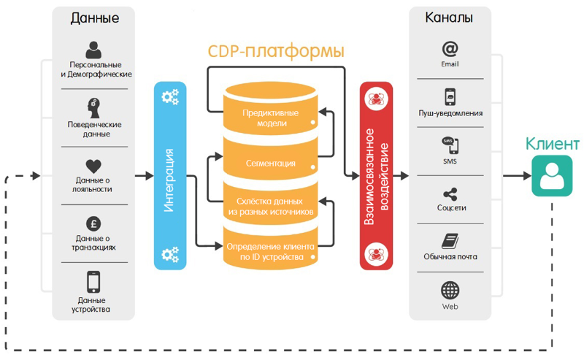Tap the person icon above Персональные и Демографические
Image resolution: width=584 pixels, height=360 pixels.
click(93, 50)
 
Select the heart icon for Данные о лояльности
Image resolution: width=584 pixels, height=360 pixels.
click(93, 166)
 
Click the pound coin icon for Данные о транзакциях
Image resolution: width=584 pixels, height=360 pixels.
click(93, 224)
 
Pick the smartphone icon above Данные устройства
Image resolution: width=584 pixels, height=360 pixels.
click(93, 281)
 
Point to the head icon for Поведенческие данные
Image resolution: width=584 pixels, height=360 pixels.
click(93, 107)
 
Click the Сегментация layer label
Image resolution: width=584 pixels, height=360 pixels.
click(269, 162)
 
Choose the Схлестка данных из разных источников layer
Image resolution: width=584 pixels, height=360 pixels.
click(269, 206)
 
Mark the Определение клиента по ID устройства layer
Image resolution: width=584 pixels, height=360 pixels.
click(269, 251)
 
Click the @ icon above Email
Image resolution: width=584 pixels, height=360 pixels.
click(450, 50)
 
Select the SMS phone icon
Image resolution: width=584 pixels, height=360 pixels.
click(450, 144)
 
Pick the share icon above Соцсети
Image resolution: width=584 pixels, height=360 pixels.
click(450, 194)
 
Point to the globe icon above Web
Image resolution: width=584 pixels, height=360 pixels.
click(450, 290)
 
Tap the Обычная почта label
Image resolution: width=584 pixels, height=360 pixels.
click(450, 257)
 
